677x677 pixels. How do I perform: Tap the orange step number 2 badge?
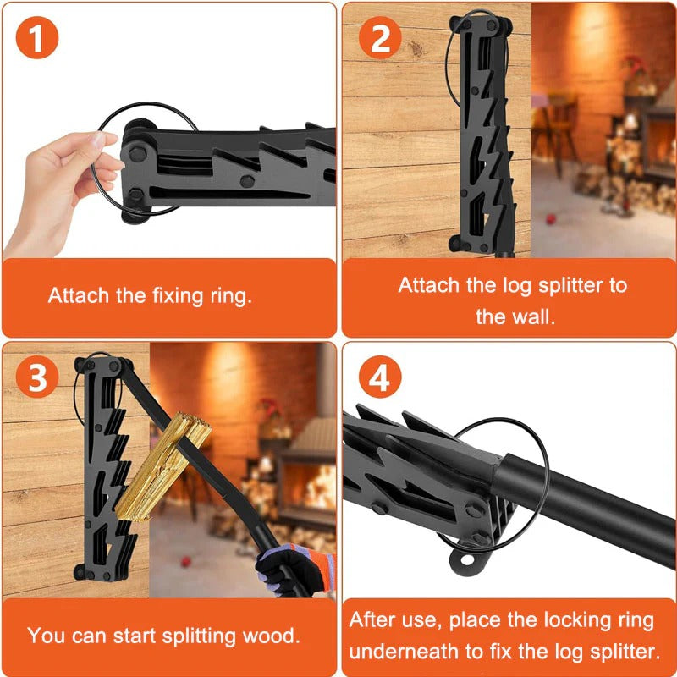pyautogui.click(x=380, y=41)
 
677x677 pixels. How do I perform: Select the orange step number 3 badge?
pyautogui.click(x=37, y=379)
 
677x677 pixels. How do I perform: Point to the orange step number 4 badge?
pyautogui.click(x=380, y=379)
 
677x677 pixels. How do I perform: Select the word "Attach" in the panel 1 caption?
pyautogui.click(x=77, y=296)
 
